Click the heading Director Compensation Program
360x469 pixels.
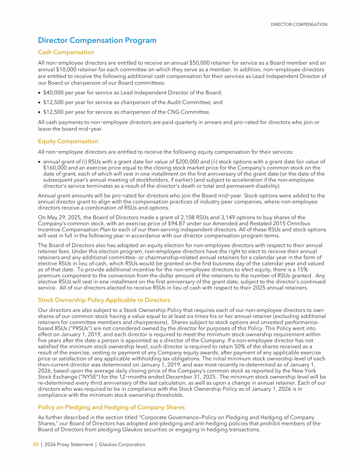(x=97, y=41)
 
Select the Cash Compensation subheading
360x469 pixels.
(x=66, y=52)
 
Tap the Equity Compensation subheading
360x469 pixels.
(x=68, y=141)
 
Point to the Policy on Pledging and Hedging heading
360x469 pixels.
(x=111, y=407)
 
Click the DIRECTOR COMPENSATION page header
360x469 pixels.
(x=299, y=24)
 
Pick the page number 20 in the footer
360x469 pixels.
(x=35, y=445)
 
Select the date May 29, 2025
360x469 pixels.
(x=62, y=218)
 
